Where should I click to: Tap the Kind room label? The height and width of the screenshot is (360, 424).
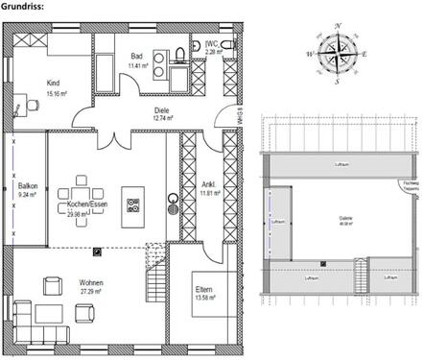point(53,83)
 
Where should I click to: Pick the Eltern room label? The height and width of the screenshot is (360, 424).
point(204,290)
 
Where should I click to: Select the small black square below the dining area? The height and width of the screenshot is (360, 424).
point(97,252)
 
